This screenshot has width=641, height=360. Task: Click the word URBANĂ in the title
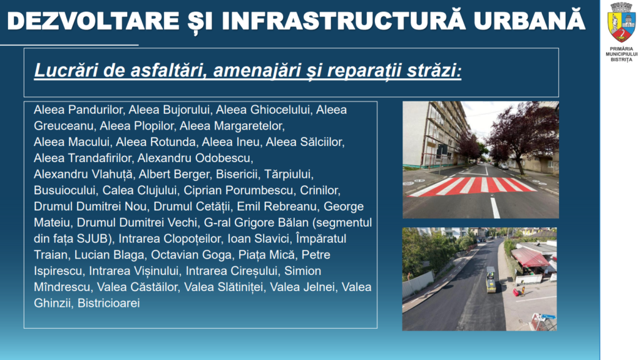[x=530, y=20]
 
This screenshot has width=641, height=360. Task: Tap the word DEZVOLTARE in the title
[x=94, y=21]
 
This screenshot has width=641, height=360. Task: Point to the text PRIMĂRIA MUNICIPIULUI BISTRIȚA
[x=622, y=54]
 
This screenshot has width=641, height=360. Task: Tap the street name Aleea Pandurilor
[x=78, y=110]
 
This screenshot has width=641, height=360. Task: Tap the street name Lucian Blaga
[x=109, y=255]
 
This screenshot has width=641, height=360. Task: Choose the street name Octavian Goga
[x=191, y=255]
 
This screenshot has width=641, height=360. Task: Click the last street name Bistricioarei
[x=109, y=303]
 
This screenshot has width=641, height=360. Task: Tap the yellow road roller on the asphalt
[x=491, y=280]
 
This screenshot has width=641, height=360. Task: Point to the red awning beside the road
[x=530, y=258]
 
